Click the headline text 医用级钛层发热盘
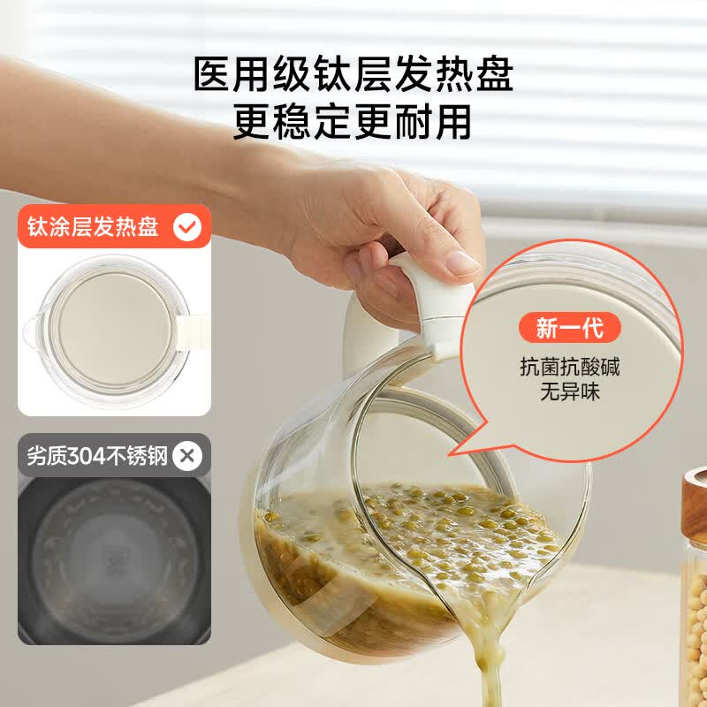pos(353,74)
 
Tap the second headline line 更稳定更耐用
pos(353,122)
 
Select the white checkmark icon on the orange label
pos(187,227)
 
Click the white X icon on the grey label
pos(187,456)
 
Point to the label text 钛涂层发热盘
pos(93,226)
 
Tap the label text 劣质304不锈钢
pos(97,456)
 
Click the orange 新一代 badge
pos(570,327)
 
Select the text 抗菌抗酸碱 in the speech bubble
pos(570,367)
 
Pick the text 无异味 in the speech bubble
pos(570,392)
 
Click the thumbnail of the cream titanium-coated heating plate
pos(114,331)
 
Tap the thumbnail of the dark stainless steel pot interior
pos(114,560)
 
